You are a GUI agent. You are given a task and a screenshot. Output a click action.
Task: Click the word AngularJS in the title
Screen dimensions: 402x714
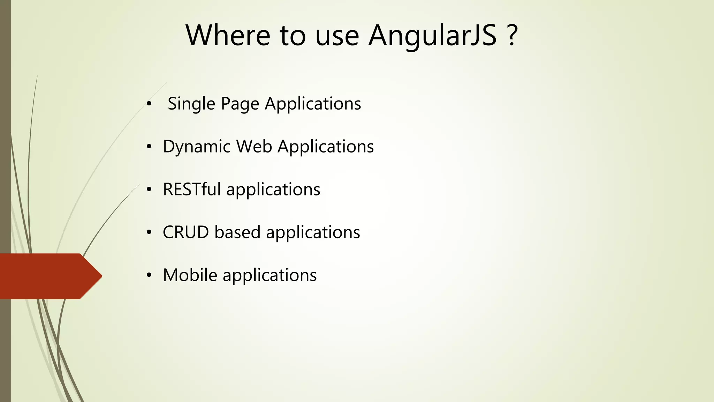click(432, 36)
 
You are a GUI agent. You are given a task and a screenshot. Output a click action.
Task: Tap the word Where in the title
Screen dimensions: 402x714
click(228, 36)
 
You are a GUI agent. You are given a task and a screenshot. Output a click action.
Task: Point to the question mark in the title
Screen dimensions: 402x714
click(511, 36)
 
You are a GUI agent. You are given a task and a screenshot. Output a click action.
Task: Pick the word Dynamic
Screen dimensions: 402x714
click(196, 147)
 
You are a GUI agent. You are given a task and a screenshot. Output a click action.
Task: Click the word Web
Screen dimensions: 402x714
click(254, 147)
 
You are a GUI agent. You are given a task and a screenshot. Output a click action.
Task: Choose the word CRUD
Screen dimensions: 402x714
click(185, 232)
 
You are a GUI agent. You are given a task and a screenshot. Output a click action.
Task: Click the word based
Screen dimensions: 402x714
click(237, 232)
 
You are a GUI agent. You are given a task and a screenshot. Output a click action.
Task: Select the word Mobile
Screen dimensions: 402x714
click(190, 275)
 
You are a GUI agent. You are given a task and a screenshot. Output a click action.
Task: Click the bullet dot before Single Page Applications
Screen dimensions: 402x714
click(149, 104)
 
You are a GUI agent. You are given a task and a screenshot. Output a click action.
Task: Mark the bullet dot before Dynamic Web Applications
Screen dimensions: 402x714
click(149, 147)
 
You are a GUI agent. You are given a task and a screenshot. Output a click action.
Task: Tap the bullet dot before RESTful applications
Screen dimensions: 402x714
click(149, 190)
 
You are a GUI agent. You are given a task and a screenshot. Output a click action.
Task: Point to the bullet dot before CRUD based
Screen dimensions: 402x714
click(149, 233)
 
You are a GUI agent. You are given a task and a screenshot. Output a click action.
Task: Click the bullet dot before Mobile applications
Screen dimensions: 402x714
click(149, 276)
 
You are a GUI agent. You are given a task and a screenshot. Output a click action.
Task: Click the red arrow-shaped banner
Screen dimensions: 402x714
click(49, 276)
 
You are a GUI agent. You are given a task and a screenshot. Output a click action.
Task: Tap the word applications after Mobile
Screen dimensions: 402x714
click(269, 275)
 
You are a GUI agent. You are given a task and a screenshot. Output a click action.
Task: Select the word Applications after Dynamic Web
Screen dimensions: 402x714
click(326, 147)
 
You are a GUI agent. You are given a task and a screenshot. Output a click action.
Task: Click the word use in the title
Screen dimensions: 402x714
click(337, 36)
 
